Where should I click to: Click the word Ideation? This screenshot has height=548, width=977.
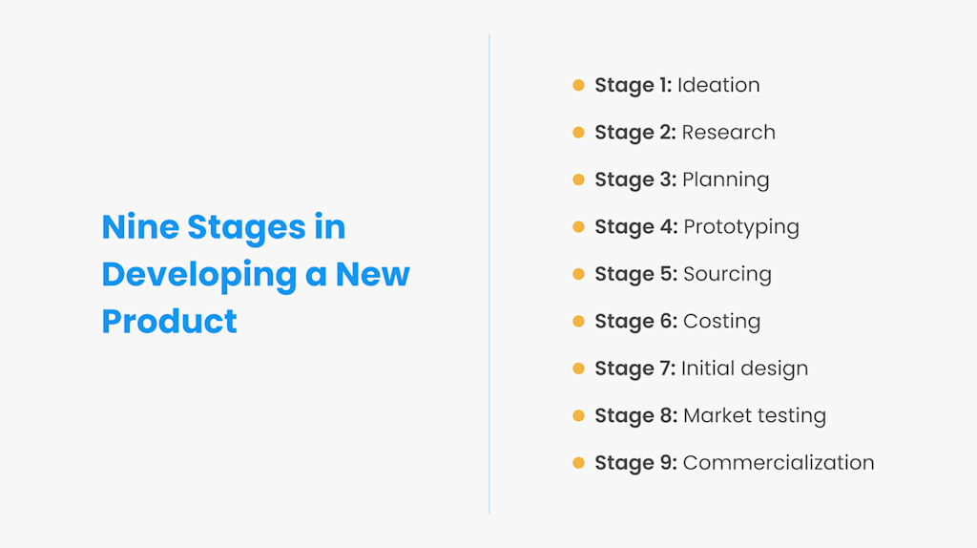click(x=718, y=85)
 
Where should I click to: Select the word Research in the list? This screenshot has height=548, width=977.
click(x=728, y=133)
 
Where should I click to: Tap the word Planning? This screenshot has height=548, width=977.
click(x=725, y=179)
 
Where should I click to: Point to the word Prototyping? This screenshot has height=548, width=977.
click(x=741, y=227)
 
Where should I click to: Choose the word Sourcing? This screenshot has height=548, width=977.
click(x=727, y=274)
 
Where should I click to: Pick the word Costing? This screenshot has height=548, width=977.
click(x=721, y=322)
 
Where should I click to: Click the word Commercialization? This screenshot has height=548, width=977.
click(x=779, y=463)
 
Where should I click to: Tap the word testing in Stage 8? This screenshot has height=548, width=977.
click(x=787, y=416)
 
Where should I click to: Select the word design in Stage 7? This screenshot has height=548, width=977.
click(x=773, y=369)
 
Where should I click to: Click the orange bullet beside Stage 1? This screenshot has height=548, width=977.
click(x=578, y=85)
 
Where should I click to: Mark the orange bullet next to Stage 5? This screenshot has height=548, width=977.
click(x=578, y=274)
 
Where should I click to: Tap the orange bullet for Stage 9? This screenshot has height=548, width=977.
click(x=578, y=463)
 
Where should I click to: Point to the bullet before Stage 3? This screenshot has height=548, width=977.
click(x=578, y=179)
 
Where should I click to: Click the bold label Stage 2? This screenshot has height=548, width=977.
click(x=634, y=133)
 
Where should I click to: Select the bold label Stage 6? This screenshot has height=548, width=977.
click(x=635, y=322)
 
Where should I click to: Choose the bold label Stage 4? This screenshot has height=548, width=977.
click(x=635, y=227)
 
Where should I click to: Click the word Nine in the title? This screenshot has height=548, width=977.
click(x=139, y=227)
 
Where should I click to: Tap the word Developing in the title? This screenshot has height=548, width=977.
click(x=199, y=275)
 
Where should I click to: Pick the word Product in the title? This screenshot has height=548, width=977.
click(x=169, y=321)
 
